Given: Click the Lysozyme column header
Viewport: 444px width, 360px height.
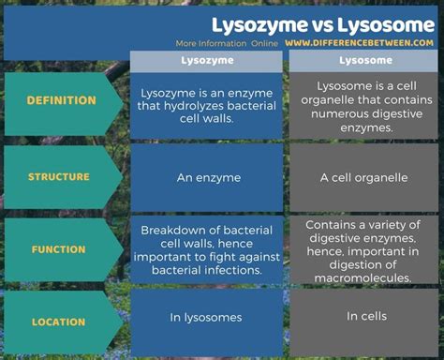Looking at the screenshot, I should pyautogui.click(x=206, y=61).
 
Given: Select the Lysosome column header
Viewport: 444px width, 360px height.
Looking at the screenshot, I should pyautogui.click(x=364, y=61).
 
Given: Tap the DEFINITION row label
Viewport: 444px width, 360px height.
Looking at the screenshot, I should pyautogui.click(x=61, y=100).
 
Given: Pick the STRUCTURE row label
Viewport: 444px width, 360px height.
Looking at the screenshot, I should pyautogui.click(x=59, y=176).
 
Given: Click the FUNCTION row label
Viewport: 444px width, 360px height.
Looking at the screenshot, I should pyautogui.click(x=59, y=249).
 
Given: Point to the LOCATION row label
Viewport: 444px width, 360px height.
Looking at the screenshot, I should pyautogui.click(x=59, y=322).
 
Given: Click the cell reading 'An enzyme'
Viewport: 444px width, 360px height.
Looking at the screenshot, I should pyautogui.click(x=206, y=176).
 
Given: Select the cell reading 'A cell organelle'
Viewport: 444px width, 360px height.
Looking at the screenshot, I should pyautogui.click(x=364, y=176).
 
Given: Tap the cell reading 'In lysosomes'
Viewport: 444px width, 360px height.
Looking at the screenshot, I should pyautogui.click(x=206, y=317).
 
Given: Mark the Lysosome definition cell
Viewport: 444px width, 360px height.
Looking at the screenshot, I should pyautogui.click(x=364, y=104).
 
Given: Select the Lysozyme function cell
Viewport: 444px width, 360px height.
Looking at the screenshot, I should pyautogui.click(x=206, y=249).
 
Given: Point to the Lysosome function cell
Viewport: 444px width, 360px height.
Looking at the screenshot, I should pyautogui.click(x=364, y=250).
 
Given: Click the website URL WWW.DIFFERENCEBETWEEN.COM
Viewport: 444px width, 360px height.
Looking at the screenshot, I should pyautogui.click(x=360, y=43).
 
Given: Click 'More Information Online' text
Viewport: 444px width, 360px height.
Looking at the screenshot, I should pyautogui.click(x=227, y=43).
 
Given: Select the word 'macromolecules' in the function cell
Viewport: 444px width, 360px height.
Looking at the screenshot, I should pyautogui.click(x=364, y=277).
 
